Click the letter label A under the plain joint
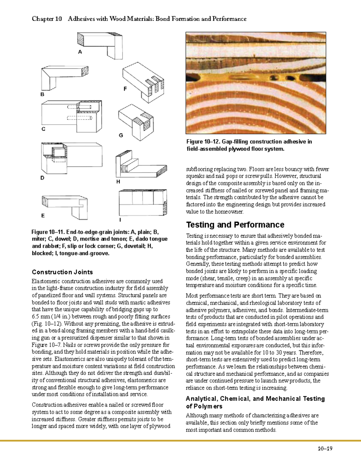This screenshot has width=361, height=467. coord(80,52)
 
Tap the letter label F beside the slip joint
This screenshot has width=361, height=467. coord(125,89)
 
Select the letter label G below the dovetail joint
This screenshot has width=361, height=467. coord(121,135)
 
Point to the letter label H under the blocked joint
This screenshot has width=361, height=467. coord(118,182)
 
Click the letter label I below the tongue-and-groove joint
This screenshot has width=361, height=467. coord(120,220)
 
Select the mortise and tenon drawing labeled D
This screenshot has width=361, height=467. coord(71,158)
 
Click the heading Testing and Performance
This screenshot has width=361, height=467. coord(235,225)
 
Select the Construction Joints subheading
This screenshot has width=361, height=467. coord(62,272)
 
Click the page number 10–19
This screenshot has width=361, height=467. coord(325,449)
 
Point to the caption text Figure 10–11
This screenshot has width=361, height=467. coord(48,232)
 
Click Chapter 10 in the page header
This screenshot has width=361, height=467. coord(47,19)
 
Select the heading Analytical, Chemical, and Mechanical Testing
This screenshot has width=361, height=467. coord(255,399)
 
